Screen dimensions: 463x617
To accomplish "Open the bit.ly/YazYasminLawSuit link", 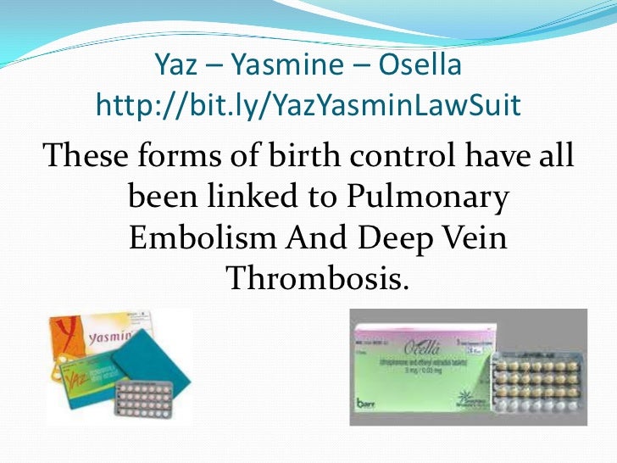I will pos(308,105).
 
